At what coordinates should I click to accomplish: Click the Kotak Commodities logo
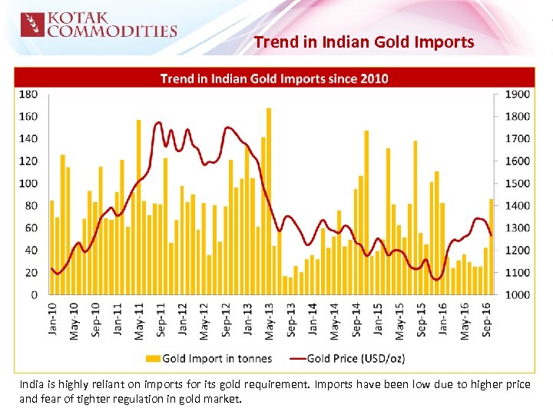pyautogui.click(x=98, y=25)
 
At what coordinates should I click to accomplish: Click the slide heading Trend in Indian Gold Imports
pyautogui.click(x=364, y=42)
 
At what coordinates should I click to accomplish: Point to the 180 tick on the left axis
pyautogui.click(x=28, y=95)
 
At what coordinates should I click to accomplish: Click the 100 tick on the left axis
pyautogui.click(x=28, y=184)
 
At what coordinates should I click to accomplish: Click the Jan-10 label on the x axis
pyautogui.click(x=52, y=319)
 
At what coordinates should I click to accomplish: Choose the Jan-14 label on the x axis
pyautogui.click(x=312, y=319)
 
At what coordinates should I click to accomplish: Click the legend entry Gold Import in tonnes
pyautogui.click(x=207, y=358)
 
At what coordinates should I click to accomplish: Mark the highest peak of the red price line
pyautogui.click(x=158, y=122)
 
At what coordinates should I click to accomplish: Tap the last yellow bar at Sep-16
pyautogui.click(x=492, y=247)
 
